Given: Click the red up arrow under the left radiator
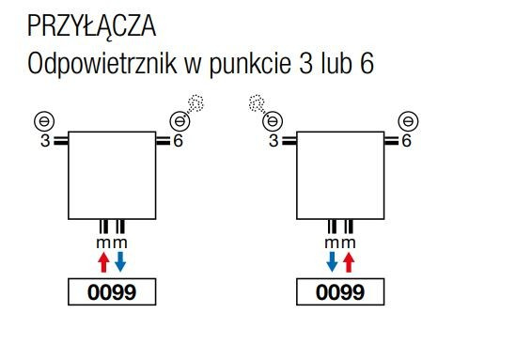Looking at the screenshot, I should (104, 260).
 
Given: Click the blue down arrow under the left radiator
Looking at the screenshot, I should (119, 260).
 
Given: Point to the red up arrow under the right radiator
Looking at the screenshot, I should (350, 260).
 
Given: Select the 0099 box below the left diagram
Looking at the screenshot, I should (112, 292).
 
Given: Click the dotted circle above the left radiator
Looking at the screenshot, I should (195, 101).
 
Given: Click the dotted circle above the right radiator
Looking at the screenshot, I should (256, 101).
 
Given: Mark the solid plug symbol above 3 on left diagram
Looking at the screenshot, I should (43, 120).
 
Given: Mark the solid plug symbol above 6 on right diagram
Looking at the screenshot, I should (408, 120).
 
